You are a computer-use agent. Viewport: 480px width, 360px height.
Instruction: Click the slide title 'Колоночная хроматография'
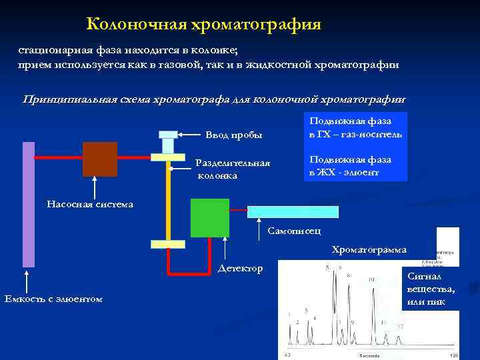pyautogui.click(x=204, y=25)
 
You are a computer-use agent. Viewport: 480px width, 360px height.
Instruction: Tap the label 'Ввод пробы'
pyautogui.click(x=233, y=135)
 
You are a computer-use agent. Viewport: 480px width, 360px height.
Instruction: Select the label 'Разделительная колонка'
pyautogui.click(x=233, y=169)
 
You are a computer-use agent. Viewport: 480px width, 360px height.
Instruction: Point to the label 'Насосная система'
pyautogui.click(x=90, y=203)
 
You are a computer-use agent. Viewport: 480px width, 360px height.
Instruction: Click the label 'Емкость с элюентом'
pyautogui.click(x=53, y=299)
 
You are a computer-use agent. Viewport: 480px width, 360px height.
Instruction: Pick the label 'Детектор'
pyautogui.click(x=240, y=268)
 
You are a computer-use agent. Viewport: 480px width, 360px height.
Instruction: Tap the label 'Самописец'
pyautogui.click(x=293, y=231)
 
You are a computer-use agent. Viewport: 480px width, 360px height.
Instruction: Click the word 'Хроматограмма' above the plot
pyautogui.click(x=369, y=250)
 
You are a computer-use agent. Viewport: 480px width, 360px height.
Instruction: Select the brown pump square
pyautogui.click(x=100, y=159)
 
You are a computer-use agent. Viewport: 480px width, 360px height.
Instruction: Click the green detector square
pyautogui.click(x=209, y=218)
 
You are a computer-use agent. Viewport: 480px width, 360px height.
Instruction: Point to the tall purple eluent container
pyautogui.click(x=28, y=204)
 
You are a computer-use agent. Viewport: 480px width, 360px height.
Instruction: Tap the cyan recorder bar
pyautogui.click(x=293, y=212)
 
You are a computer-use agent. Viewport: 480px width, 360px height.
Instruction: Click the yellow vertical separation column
pyautogui.click(x=168, y=200)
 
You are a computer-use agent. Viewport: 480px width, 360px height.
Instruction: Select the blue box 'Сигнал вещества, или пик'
pyautogui.click(x=430, y=289)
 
